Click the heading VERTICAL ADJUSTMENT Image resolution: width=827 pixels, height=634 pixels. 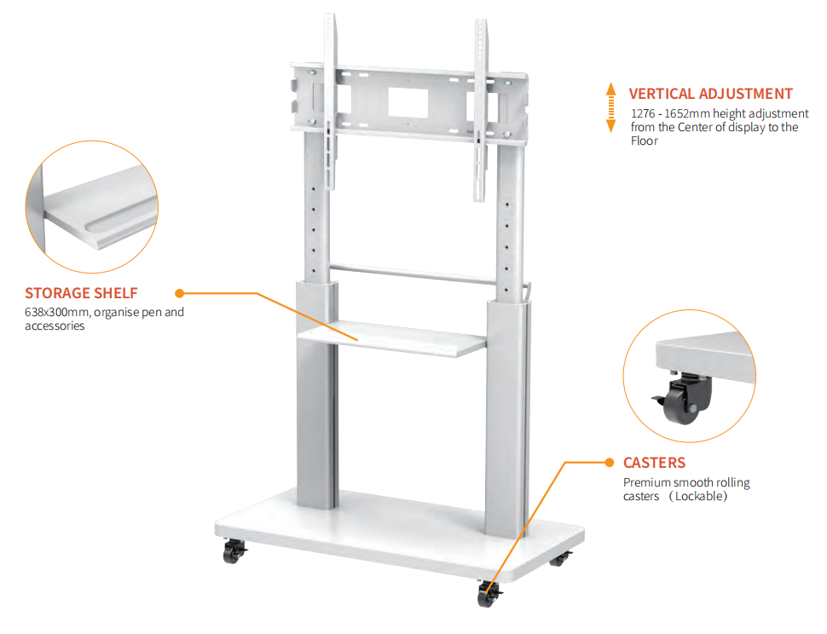[710, 94]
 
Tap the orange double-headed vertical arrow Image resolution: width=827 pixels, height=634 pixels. [610, 107]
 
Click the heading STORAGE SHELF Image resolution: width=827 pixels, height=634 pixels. [81, 293]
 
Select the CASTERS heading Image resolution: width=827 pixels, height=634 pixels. [654, 463]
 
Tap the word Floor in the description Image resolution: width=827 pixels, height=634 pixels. [644, 141]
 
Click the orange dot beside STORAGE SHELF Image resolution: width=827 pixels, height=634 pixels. [179, 293]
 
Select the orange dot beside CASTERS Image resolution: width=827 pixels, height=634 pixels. [610, 463]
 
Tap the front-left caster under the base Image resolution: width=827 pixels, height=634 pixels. [233, 551]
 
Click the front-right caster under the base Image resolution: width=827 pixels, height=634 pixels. [489, 594]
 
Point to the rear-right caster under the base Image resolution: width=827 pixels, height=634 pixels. [560, 559]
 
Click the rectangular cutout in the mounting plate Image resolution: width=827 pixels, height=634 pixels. [408, 103]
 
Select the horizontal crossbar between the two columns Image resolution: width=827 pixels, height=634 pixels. [413, 274]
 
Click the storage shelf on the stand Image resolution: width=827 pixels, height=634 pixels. [391, 338]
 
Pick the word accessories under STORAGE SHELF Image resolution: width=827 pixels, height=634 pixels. [55, 326]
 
